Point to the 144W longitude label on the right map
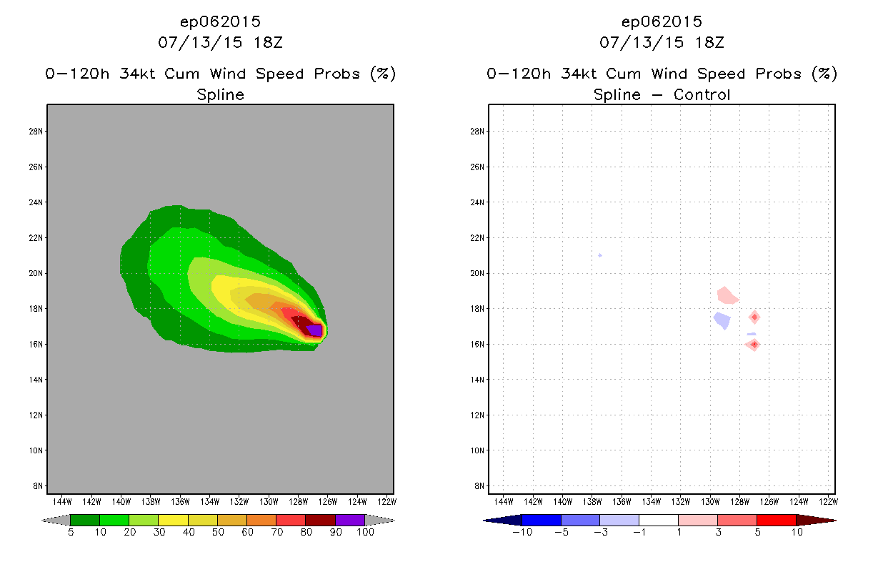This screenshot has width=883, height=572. coord(504,500)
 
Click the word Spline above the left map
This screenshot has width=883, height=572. coord(220,94)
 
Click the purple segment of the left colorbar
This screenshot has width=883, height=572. coord(350,520)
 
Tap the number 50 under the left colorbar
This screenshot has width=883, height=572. coord(217,533)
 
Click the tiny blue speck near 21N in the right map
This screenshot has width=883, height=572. coord(600,255)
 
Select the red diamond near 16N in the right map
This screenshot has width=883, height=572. coord(754,344)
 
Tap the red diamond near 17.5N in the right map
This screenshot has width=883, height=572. coord(754,317)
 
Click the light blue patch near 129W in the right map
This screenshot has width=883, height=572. coord(722,320)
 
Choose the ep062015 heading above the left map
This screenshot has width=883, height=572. coord(220,22)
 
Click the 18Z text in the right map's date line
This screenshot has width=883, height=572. coord(710,42)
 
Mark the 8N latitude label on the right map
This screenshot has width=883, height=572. coord(480,486)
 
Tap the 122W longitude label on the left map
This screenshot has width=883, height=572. coord(386,500)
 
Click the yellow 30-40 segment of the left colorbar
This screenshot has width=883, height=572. coord(173,520)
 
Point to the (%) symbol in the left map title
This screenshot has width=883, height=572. coord(382,74)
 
